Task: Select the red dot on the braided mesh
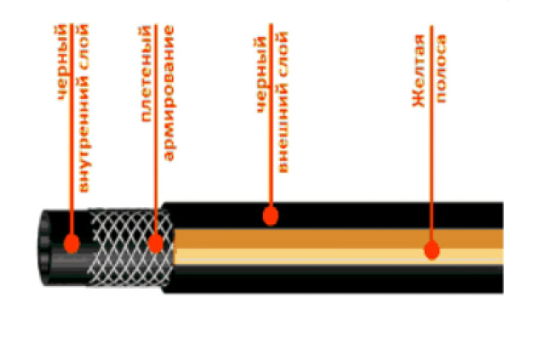click(x=156, y=242)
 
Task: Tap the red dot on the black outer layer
click(x=269, y=214)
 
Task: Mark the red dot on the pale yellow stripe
click(x=432, y=250)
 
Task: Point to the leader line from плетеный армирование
click(x=157, y=180)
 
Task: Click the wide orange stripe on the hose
click(x=342, y=238)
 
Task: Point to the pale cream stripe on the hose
click(x=342, y=256)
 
